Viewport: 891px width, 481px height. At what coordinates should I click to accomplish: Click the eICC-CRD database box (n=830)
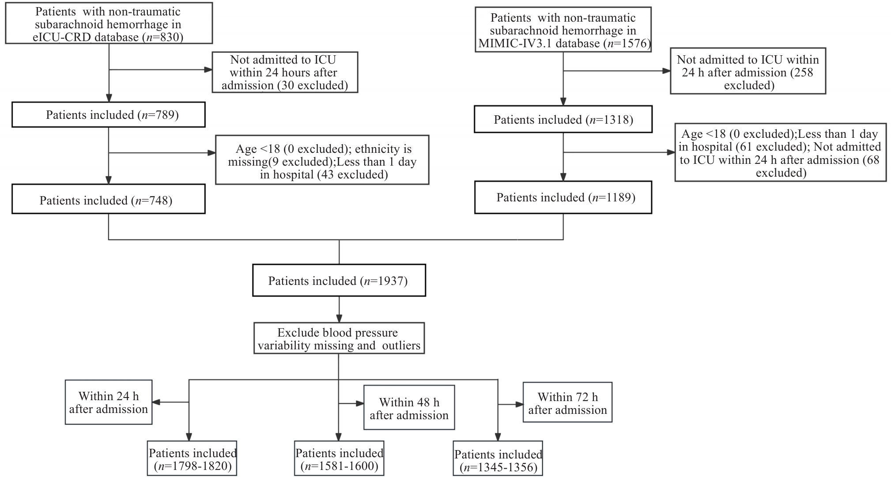point(109,23)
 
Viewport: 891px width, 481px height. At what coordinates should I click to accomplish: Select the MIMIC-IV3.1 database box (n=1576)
point(563,30)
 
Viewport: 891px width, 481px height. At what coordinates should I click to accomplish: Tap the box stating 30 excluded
point(285,72)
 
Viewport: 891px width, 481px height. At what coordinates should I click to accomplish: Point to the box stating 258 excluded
point(748,71)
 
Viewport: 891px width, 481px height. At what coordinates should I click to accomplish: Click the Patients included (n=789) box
point(109,115)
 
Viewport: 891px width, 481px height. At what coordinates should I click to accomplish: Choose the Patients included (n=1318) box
point(563,119)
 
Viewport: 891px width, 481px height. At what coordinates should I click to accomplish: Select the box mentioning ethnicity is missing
point(322,160)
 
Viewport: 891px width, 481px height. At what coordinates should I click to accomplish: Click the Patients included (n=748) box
point(109,201)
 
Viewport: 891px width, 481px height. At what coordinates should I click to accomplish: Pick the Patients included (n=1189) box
point(563,197)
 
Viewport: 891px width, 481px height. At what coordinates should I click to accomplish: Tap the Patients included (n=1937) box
point(339,280)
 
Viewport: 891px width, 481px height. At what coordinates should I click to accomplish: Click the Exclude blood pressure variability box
point(339,338)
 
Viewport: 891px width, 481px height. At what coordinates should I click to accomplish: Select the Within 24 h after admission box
point(109,402)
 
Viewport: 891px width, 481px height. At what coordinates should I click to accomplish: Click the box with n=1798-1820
point(192,458)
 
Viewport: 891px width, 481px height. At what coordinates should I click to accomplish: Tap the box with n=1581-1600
point(339,458)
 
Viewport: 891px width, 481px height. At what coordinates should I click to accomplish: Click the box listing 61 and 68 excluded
point(780,152)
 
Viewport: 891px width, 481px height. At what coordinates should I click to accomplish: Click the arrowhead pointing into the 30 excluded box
point(208,70)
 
